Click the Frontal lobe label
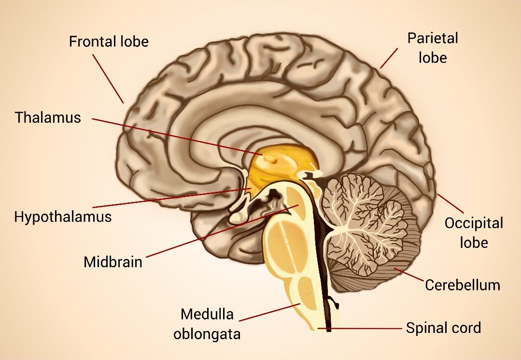pyautogui.click(x=109, y=42)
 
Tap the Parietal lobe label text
pyautogui.click(x=433, y=48)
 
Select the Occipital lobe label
pyautogui.click(x=474, y=233)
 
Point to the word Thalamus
pyautogui.click(x=48, y=117)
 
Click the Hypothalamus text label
pyautogui.click(x=63, y=217)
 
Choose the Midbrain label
pyautogui.click(x=113, y=262)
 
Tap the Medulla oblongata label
pyautogui.click(x=207, y=324)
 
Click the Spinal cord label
pyautogui.click(x=444, y=328)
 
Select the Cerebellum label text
pyautogui.click(x=463, y=285)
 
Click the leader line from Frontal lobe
pyautogui.click(x=108, y=79)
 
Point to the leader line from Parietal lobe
pyautogui.click(x=389, y=58)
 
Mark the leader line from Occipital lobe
pyautogui.click(x=450, y=203)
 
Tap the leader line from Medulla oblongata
pyautogui.click(x=269, y=312)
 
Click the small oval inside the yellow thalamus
pyautogui.click(x=271, y=160)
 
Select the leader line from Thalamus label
pyautogui.click(x=177, y=136)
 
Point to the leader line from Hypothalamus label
pyautogui.click(x=172, y=198)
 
